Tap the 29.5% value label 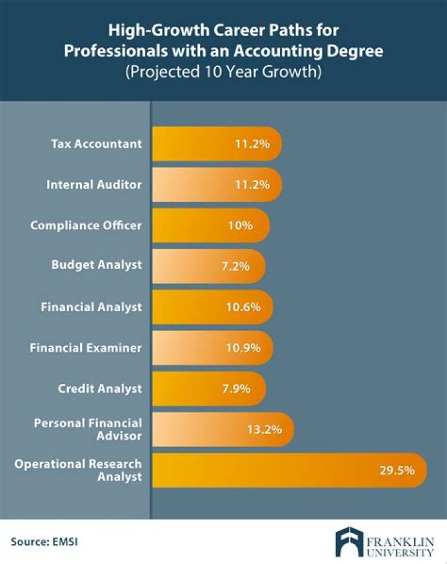397,470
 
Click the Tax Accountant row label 96,144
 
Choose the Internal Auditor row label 94,184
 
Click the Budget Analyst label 96,265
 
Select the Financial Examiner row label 86,348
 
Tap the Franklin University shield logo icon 348,542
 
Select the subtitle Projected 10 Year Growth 223,71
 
